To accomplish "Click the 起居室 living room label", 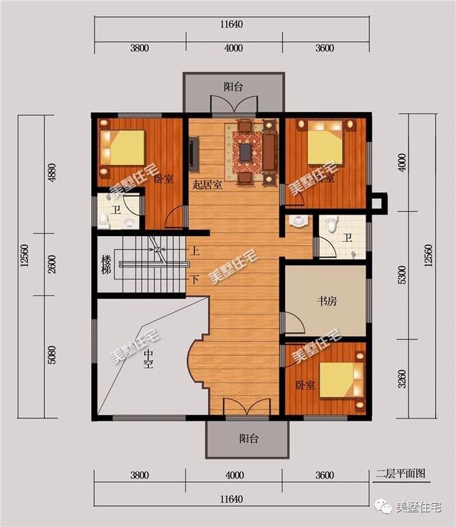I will coord(207,184).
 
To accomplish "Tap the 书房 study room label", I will coord(327,301).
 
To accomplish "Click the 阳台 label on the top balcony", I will coord(233,87).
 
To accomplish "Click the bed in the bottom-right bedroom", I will coord(335,379).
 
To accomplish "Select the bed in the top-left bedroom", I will coord(125,148).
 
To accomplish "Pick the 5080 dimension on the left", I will coord(51,354).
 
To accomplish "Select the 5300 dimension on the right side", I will coord(403,273).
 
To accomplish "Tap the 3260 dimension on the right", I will coord(403,377).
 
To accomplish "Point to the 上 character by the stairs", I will coord(195,251).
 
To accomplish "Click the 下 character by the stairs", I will coord(195,279).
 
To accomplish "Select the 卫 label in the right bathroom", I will coord(347,238).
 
